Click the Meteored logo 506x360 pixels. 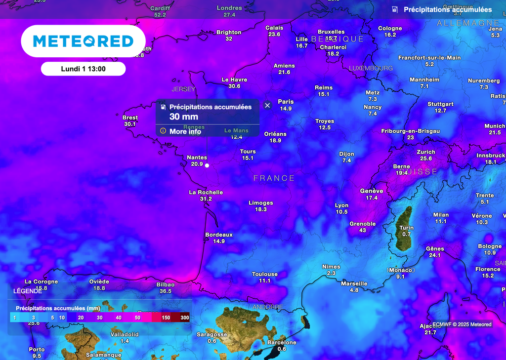point(83,41)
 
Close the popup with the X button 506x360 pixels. point(267,105)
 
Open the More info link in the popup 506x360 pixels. point(185,131)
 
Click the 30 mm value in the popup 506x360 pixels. point(184,117)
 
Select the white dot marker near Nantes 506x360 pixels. point(207,165)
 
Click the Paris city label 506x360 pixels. point(286,102)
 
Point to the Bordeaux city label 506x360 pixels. point(219,235)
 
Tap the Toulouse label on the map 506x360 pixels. point(265,274)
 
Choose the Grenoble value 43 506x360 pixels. point(363,230)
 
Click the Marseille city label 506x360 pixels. point(354,283)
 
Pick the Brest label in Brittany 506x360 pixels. point(130,118)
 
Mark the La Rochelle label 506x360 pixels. point(206,192)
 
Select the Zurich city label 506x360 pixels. point(426,152)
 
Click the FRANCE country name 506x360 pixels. point(274,178)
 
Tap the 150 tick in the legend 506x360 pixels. point(166,318)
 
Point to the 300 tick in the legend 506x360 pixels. point(185,318)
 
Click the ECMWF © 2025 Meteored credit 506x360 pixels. point(462,324)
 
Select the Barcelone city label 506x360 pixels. point(282,342)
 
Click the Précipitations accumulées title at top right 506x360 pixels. point(448,9)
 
